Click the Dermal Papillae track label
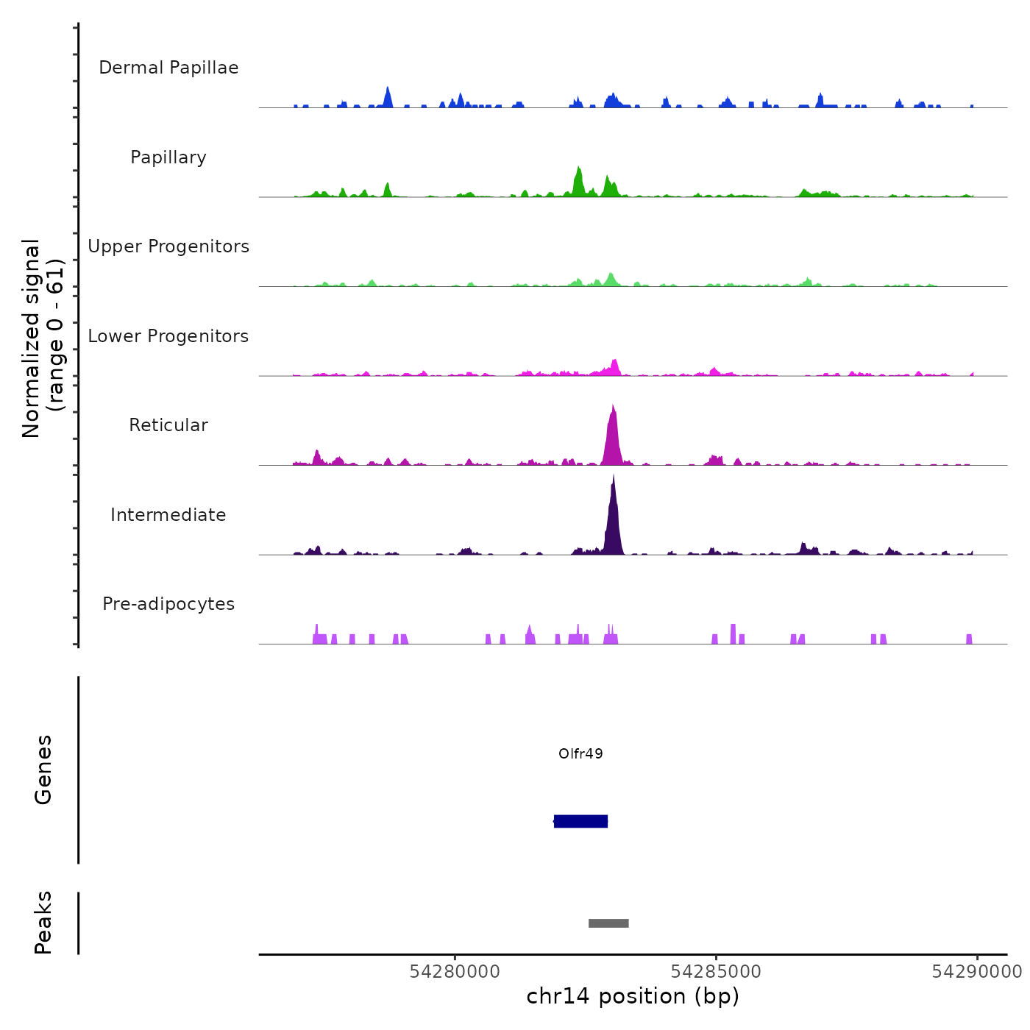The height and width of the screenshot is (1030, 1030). (168, 68)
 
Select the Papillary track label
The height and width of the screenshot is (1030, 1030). (168, 157)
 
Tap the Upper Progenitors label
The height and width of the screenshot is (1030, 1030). (168, 246)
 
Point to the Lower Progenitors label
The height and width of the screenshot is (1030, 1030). (168, 336)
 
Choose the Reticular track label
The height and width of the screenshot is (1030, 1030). (168, 425)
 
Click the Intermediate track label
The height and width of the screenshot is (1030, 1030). (168, 515)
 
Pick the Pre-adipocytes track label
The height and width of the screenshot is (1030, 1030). (168, 604)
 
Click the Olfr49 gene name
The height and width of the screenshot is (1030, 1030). (580, 753)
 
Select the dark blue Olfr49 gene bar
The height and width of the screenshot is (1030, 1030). (580, 821)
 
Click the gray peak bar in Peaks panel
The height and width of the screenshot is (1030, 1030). (608, 923)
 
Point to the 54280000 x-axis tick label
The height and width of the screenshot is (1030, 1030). (455, 972)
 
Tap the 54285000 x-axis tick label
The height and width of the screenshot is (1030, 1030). (716, 972)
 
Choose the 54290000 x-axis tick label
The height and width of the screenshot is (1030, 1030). (976, 972)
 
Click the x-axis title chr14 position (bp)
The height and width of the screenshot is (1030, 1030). (633, 996)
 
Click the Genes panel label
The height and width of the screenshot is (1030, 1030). (43, 770)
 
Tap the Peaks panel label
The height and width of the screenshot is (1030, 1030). (43, 923)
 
